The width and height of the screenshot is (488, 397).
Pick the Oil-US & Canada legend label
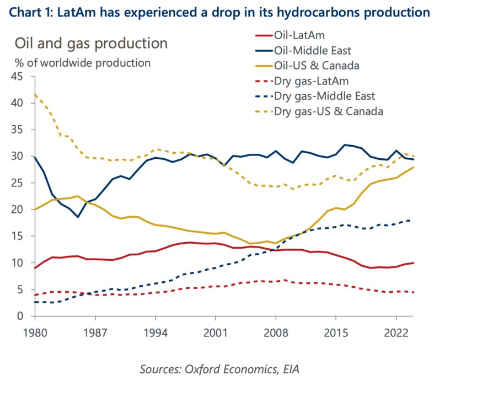pos(317,66)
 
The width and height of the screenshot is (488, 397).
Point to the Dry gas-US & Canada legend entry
pos(328,111)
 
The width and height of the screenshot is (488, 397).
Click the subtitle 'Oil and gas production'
pos(91,43)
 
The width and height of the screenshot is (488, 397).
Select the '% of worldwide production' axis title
pos(82,63)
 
